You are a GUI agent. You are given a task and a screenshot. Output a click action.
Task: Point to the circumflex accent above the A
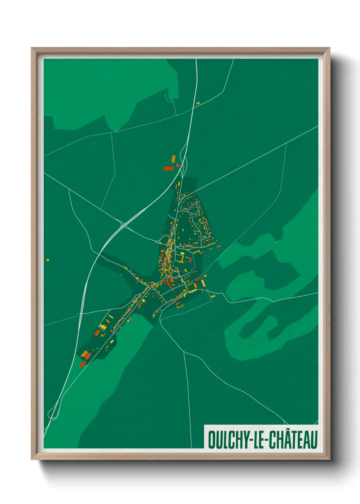coord(288,431)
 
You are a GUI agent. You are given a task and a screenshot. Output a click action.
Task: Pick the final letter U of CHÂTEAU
coord(314,440)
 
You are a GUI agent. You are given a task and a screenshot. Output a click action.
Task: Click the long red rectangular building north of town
coord(168,168)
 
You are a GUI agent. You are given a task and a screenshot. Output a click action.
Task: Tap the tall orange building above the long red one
coord(173,159)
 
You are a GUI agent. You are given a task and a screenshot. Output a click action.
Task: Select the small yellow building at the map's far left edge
coord(48,260)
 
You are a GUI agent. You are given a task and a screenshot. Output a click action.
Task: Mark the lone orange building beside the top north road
coord(198,103)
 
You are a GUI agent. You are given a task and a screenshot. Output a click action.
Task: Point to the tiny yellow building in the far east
coord(277,242)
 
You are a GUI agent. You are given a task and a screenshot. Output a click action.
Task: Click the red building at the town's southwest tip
coord(82,364)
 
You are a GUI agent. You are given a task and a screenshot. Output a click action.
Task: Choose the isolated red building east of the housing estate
coord(218,246)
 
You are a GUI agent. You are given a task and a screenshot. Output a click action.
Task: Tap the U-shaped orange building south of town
coord(179,305)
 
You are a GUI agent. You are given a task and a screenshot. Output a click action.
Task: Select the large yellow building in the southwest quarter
coord(103,327)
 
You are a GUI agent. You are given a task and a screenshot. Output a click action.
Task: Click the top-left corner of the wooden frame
coord(32,48)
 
